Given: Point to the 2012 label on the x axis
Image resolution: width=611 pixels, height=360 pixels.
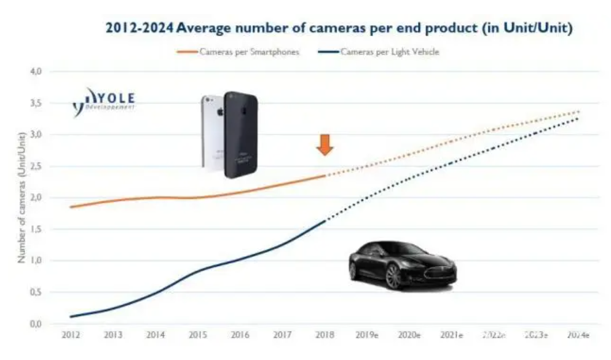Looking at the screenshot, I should [x=71, y=335].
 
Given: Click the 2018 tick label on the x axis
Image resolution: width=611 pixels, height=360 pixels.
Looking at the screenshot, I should [x=325, y=335].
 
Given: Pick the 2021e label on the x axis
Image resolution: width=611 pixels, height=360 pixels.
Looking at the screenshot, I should [x=452, y=335].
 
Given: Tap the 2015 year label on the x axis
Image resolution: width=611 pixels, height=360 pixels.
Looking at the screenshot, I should [x=198, y=335].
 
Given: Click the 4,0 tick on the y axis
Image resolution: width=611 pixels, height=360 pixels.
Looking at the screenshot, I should [x=35, y=71].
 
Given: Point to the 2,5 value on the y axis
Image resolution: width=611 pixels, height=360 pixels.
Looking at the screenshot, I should [x=35, y=166].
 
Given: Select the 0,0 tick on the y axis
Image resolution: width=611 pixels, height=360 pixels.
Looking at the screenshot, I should [x=35, y=324].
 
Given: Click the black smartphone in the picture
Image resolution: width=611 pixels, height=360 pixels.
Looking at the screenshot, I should [x=240, y=135].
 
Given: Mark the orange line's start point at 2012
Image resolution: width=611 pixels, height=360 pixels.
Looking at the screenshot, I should [x=71, y=207].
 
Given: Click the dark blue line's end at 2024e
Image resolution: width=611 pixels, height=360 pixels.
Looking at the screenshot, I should [x=578, y=118].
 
